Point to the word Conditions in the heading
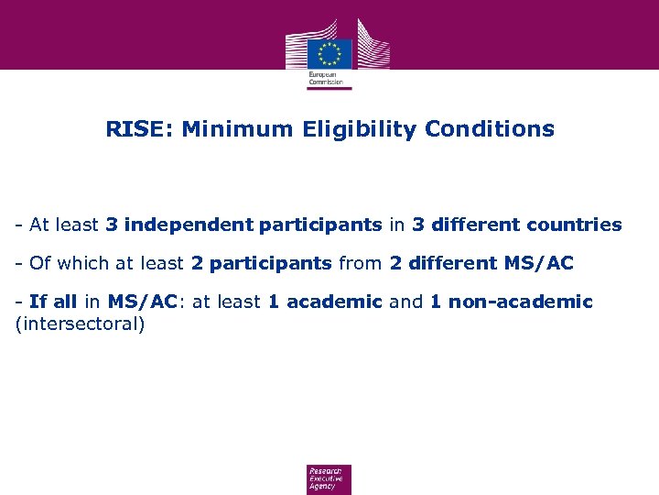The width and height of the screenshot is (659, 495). point(490,129)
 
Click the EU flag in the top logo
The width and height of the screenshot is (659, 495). point(329,52)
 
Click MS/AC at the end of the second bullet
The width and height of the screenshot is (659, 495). point(539,264)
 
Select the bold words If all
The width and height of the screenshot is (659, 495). point(53,302)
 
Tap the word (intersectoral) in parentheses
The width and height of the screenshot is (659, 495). point(81,324)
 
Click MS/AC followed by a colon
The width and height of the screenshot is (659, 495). point(143,302)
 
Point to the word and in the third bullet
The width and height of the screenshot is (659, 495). point(406,302)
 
